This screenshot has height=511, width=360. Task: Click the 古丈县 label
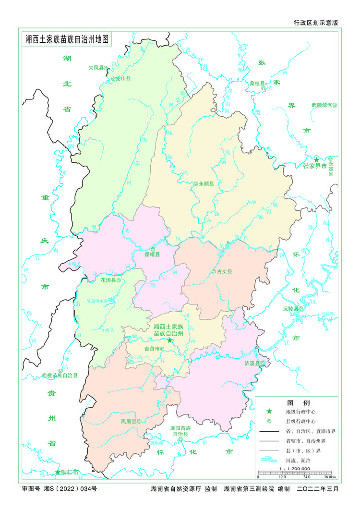pyautogui.click(x=224, y=271)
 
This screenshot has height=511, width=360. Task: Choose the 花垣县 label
pyautogui.click(x=108, y=280)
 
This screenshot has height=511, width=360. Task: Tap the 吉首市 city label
pyautogui.click(x=152, y=349)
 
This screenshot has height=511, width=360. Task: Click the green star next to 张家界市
pyautogui.click(x=316, y=159)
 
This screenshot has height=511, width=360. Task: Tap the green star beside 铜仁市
pyautogui.click(x=58, y=473)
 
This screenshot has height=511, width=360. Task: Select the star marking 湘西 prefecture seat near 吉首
pyautogui.click(x=169, y=340)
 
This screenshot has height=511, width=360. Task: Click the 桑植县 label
pyautogui.click(x=257, y=83)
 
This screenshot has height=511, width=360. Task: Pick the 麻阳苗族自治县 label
pyautogui.click(x=180, y=430)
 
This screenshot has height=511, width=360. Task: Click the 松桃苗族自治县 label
pyautogui.click(x=60, y=375)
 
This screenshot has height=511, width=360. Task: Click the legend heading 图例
pyautogui.click(x=292, y=402)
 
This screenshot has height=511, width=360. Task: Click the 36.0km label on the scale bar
pyautogui.click(x=329, y=477)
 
